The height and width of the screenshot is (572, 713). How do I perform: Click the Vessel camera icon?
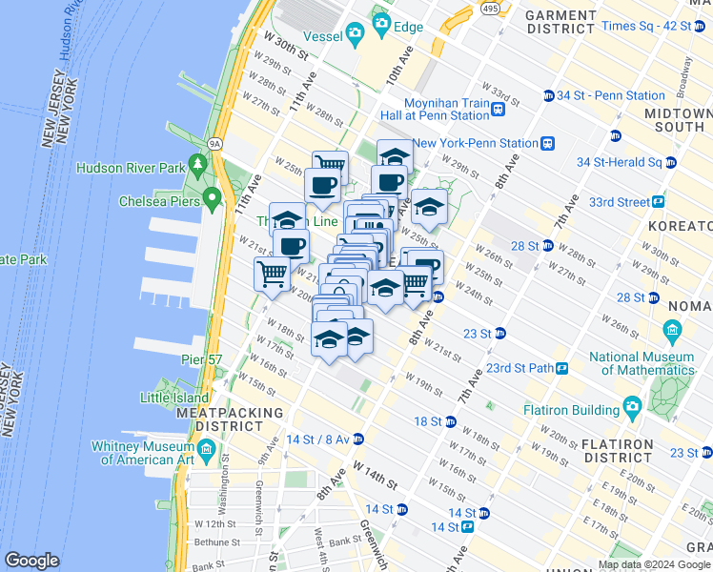click(x=356, y=35)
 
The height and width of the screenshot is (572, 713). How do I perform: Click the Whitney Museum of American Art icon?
click(x=206, y=448)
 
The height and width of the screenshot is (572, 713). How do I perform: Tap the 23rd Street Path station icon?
click(x=562, y=368)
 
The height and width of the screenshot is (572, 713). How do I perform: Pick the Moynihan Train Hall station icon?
click(x=498, y=110)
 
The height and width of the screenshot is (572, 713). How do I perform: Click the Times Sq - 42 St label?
click(x=647, y=26)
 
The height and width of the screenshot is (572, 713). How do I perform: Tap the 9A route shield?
click(x=215, y=144)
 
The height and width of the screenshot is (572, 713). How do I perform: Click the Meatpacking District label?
click(x=231, y=419)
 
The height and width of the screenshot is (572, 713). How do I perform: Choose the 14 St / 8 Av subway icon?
click(x=358, y=439)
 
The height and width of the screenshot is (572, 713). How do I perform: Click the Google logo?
click(x=31, y=561)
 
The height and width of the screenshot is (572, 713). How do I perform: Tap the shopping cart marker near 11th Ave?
click(x=272, y=275)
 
